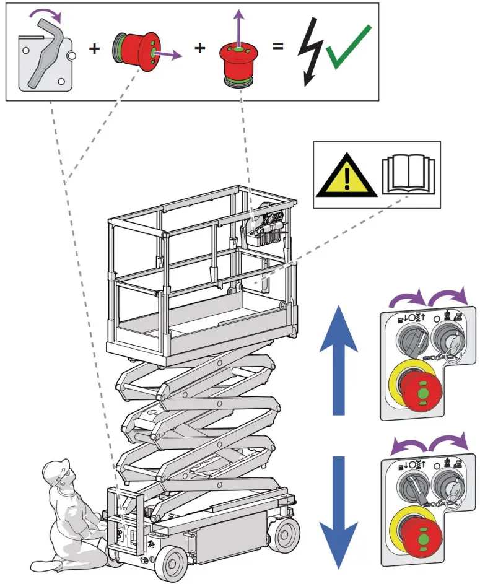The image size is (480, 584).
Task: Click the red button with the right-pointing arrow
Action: point(136,52)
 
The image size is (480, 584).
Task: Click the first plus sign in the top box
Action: point(94,48)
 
